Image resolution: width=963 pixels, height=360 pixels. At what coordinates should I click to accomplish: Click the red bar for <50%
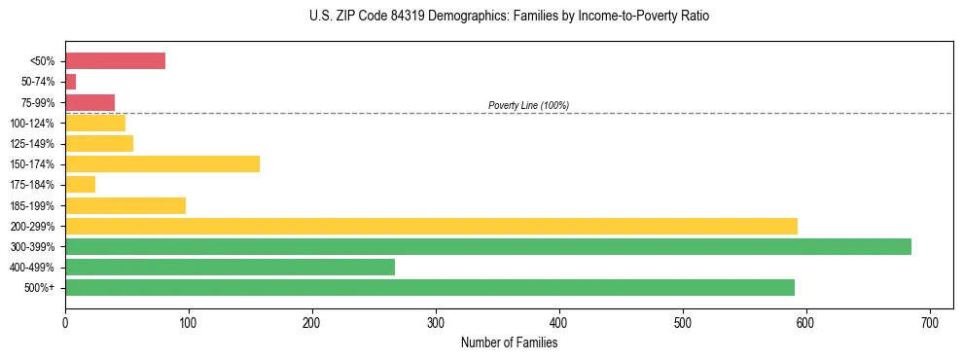pos(115,61)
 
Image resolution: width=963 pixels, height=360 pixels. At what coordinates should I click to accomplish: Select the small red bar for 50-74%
pos(70,82)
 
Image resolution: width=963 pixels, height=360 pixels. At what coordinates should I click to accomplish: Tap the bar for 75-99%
pos(89,102)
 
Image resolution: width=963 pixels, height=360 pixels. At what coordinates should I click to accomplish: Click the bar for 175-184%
pos(80,184)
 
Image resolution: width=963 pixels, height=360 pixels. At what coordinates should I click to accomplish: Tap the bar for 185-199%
pos(125,205)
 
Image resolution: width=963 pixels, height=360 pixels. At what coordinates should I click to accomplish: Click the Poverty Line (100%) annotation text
pos(528,105)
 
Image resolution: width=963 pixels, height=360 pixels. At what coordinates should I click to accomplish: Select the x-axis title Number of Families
pos(509,342)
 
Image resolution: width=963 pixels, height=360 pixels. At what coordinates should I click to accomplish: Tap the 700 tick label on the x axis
pos(930,321)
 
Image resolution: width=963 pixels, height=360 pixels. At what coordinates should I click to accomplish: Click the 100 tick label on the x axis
pos(189,321)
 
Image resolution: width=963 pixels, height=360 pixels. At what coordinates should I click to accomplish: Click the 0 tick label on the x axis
pos(65,321)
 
